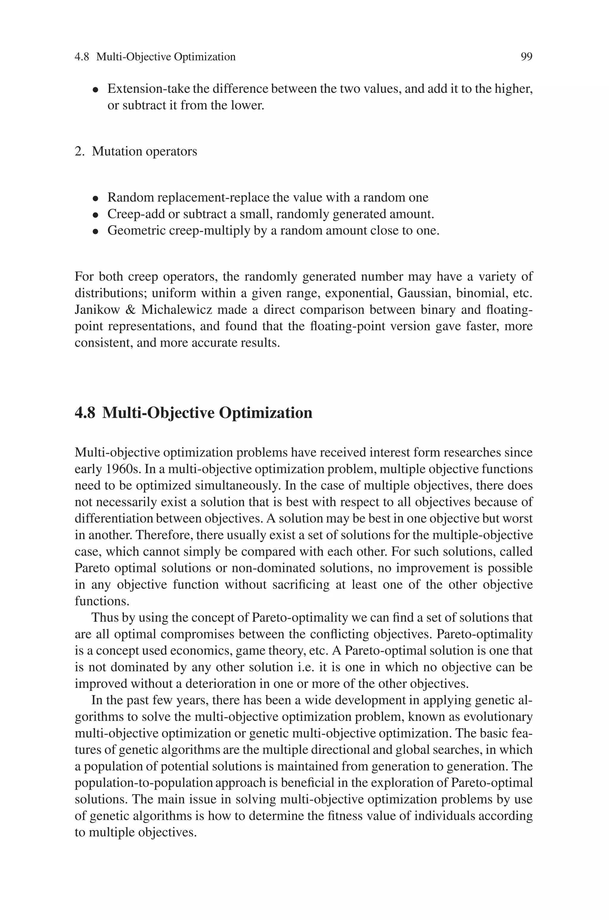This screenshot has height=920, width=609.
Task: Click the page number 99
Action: (x=526, y=57)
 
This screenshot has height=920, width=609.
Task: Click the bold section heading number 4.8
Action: (x=85, y=413)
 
